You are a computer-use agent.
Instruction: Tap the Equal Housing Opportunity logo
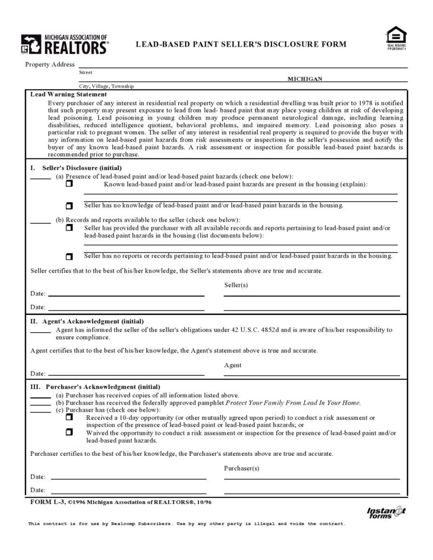(396, 38)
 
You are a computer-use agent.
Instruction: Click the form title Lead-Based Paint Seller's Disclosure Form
(241, 44)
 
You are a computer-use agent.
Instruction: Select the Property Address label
(50, 65)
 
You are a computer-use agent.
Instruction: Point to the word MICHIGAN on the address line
(305, 79)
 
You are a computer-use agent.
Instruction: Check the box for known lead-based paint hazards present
(69, 185)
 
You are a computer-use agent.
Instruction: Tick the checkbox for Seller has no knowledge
(69, 206)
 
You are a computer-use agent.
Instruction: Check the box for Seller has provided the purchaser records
(69, 228)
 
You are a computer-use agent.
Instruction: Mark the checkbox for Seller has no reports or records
(69, 256)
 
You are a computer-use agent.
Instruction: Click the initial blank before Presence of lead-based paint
(41, 178)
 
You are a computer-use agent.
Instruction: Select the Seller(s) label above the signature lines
(236, 285)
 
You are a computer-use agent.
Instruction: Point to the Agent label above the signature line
(233, 365)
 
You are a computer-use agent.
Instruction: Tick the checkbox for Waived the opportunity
(69, 432)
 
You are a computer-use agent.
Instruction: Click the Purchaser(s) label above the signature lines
(242, 468)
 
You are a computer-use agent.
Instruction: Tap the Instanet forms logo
(386, 512)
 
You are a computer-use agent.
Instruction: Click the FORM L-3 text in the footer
(48, 502)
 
